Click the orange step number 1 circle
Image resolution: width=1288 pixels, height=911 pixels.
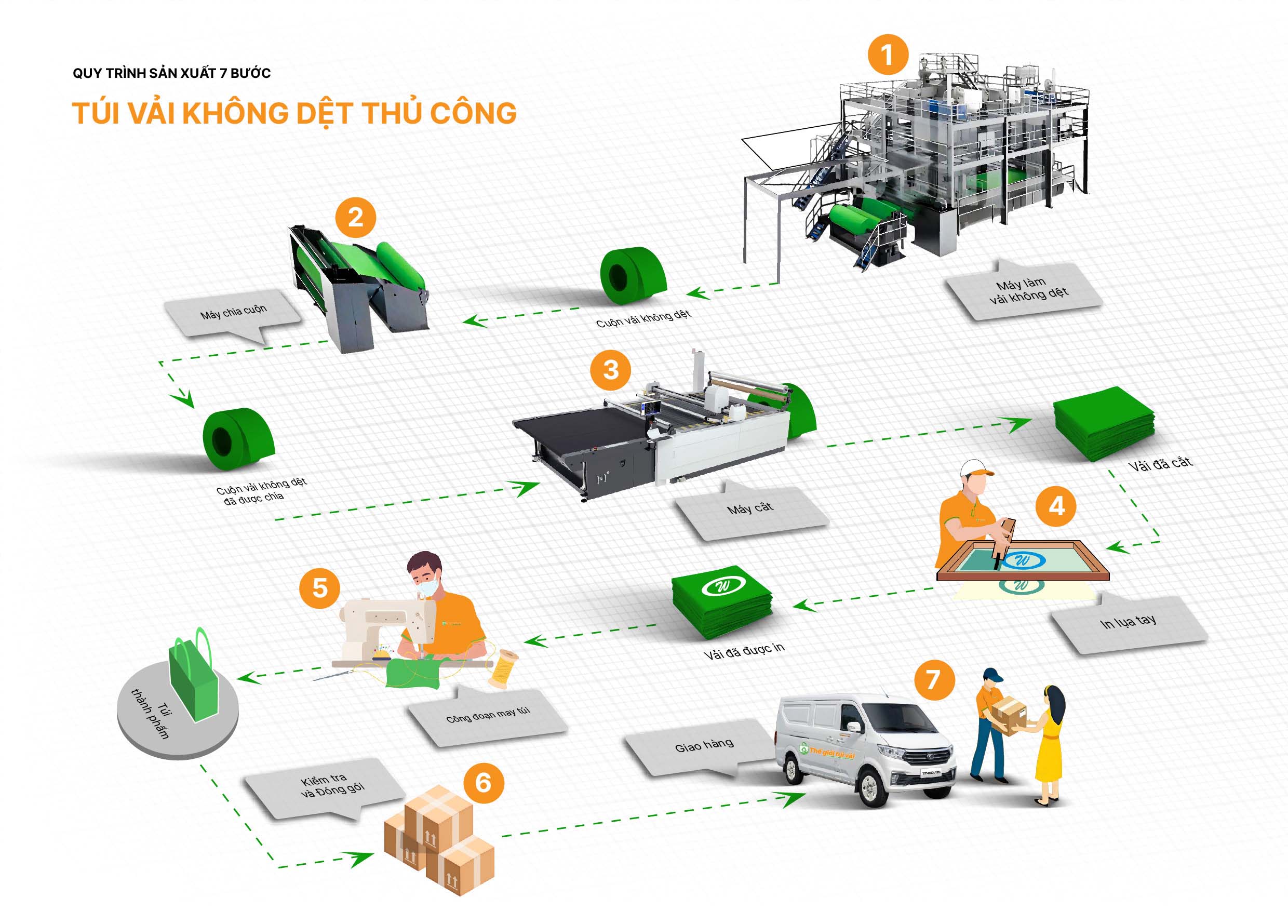[x=888, y=55]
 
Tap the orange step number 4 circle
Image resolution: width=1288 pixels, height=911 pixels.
[x=1056, y=506]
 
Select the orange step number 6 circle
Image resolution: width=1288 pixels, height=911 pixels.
[x=483, y=783]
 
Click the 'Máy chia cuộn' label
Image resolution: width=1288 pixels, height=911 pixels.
[x=233, y=313]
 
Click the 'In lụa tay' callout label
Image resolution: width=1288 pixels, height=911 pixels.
[x=1128, y=623]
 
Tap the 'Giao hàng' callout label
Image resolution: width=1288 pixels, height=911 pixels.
[x=704, y=746]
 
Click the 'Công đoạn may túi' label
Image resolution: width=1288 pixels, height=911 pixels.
[x=488, y=715]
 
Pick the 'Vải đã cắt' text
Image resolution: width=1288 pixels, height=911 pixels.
[x=1160, y=464]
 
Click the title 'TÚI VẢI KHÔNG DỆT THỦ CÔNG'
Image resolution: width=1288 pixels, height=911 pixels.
[x=294, y=113]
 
